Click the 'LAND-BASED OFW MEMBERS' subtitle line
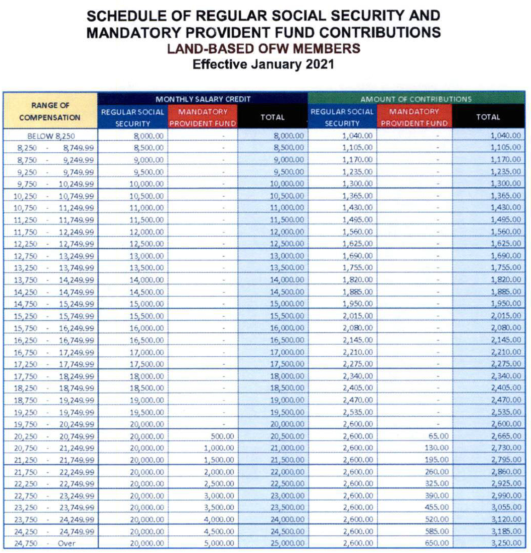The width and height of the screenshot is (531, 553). [x=263, y=49]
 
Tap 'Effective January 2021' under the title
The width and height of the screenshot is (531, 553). [x=263, y=64]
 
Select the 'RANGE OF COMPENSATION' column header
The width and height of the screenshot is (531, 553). [x=50, y=111]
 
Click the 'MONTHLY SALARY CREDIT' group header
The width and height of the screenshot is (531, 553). [x=203, y=99]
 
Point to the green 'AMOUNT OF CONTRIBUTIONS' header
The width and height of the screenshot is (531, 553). [x=416, y=99]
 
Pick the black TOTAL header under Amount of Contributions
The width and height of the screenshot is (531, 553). [x=488, y=117]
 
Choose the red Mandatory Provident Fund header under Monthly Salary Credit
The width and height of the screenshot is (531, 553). [x=202, y=117]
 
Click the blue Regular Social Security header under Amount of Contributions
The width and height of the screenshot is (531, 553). [x=342, y=117]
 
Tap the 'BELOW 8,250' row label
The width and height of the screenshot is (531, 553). [x=51, y=136]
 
